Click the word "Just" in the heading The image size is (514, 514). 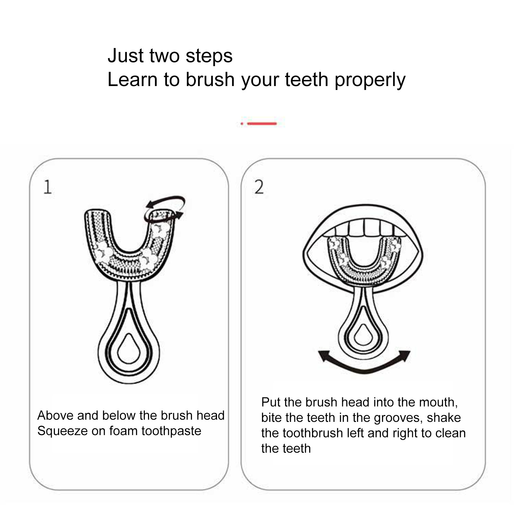[x=126, y=56]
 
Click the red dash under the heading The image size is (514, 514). [x=262, y=123]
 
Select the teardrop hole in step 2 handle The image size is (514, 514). [x=364, y=334]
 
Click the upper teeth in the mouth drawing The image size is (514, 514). [x=364, y=228]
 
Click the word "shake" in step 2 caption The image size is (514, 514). [x=444, y=418]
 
